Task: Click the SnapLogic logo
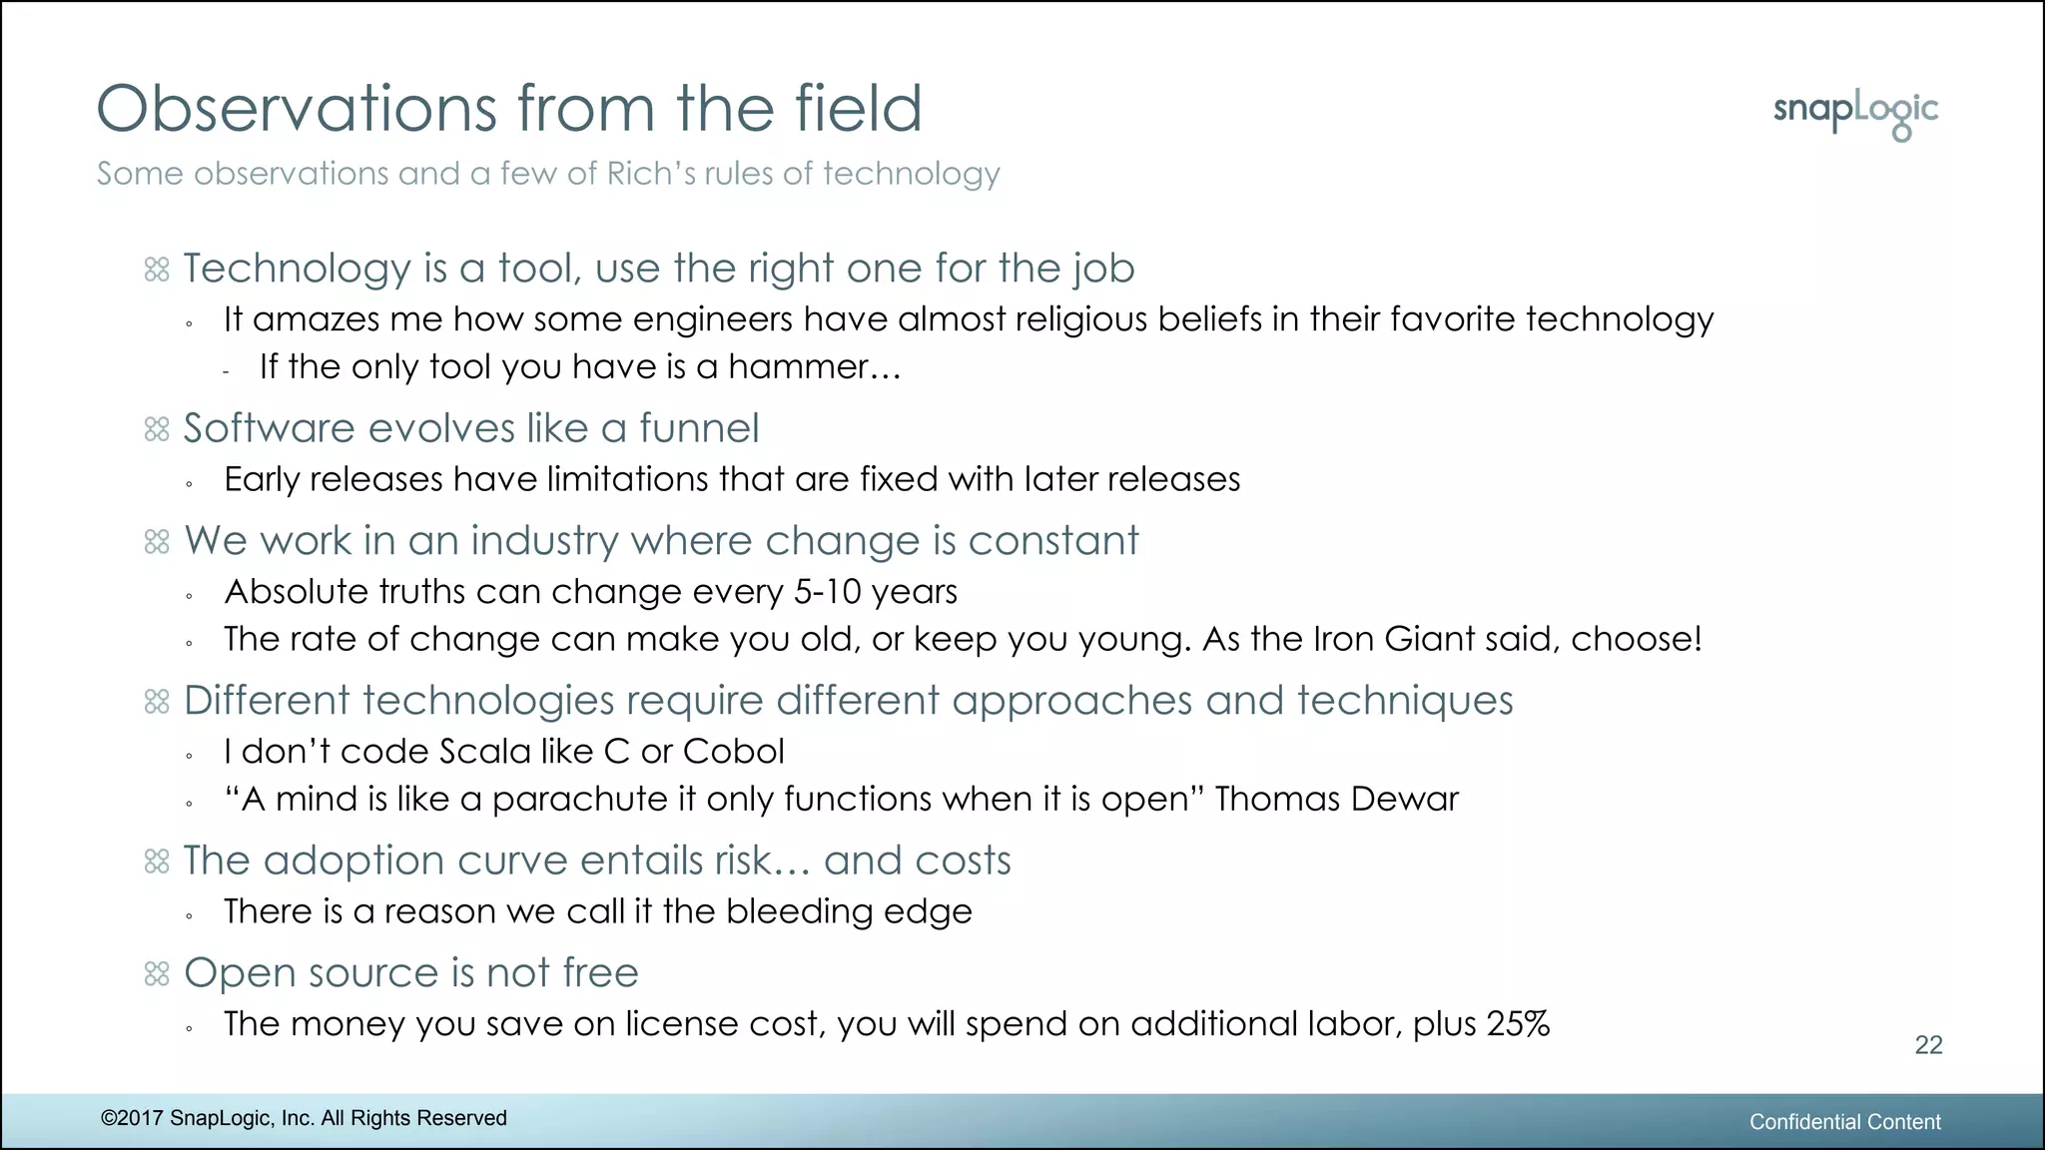1855,114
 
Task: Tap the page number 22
1928,1044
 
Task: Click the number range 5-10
827,592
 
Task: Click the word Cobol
733,752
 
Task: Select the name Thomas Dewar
1336,800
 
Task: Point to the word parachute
579,800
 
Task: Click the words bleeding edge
849,911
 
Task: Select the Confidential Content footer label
1844,1122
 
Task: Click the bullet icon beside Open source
157,974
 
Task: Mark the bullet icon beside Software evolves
157,429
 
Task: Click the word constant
1052,541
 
